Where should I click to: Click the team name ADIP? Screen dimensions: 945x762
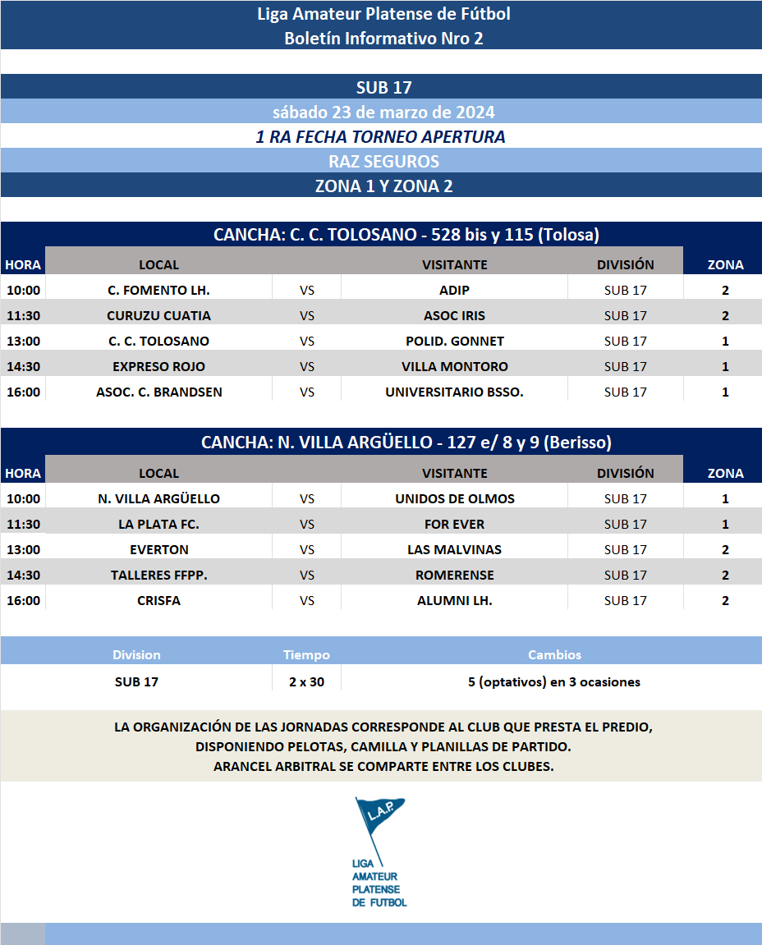click(454, 290)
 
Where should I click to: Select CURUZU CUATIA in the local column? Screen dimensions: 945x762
click(158, 315)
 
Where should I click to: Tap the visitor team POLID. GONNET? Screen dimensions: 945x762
click(454, 341)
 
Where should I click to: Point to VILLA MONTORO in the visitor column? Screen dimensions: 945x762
click(454, 366)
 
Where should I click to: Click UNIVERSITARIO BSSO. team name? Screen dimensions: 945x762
click(454, 392)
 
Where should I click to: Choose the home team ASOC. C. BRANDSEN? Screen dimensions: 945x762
click(158, 392)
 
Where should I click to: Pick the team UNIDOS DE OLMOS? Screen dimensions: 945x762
click(454, 498)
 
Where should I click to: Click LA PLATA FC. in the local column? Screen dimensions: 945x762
click(158, 524)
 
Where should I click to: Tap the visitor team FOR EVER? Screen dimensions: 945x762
click(454, 524)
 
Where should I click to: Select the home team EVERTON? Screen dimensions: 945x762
click(158, 549)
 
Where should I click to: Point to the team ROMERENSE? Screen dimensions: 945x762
click(454, 575)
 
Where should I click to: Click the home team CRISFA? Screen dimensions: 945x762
click(158, 600)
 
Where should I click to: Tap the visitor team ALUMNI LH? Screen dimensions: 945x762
click(454, 600)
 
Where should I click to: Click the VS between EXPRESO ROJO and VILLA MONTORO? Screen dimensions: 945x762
click(307, 366)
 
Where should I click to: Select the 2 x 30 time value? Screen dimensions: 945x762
click(306, 681)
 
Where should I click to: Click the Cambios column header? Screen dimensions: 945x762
click(554, 655)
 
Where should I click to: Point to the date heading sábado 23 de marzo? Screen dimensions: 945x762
click(383, 112)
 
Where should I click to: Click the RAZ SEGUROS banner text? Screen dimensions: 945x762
click(383, 161)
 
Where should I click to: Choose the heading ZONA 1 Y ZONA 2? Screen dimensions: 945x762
click(383, 186)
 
